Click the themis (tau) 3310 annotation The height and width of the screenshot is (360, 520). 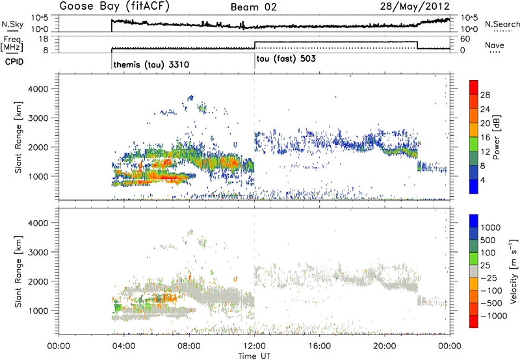(151, 65)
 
